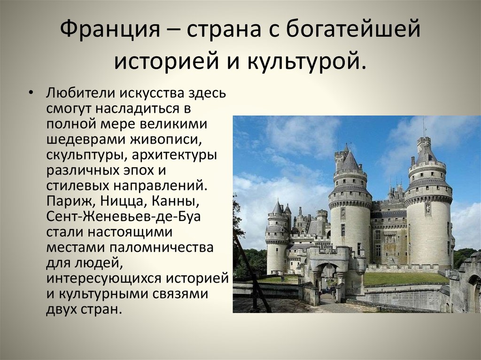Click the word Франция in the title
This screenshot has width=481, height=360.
[109, 30]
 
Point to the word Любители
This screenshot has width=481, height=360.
[80, 92]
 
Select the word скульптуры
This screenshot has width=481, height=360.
[86, 155]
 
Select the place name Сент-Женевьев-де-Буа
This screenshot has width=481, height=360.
[124, 216]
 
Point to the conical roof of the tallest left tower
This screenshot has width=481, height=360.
[349, 161]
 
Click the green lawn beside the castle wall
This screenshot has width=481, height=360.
[405, 278]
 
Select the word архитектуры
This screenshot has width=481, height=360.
[175, 155]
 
